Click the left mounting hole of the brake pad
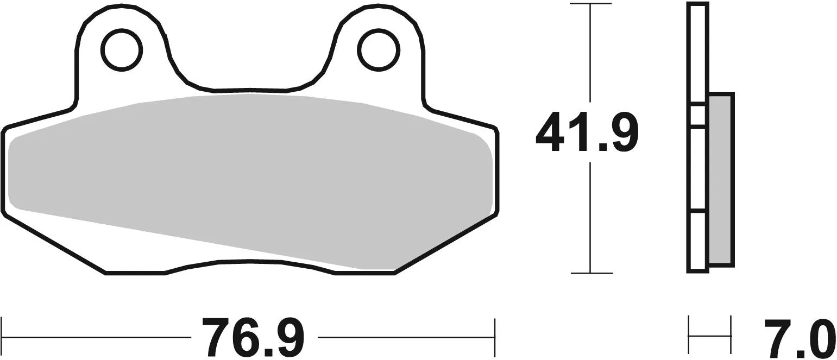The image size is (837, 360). point(122,50)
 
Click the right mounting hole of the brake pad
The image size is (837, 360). point(379,50)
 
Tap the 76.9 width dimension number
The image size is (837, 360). point(253,337)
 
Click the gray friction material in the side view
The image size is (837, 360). point(721,179)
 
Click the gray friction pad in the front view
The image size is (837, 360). point(250,174)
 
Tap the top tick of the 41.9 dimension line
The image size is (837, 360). point(590,4)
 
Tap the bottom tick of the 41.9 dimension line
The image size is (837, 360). point(590,273)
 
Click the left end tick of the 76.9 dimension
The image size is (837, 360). point(2,337)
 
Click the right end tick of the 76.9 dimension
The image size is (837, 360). point(494,337)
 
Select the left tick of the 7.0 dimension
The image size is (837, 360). point(689,335)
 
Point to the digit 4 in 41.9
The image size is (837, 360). point(550,132)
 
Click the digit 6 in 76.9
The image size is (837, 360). point(246,337)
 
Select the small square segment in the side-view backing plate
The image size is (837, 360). point(698,115)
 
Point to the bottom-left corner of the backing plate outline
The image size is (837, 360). point(105,273)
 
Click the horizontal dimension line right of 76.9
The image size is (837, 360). point(405,337)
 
